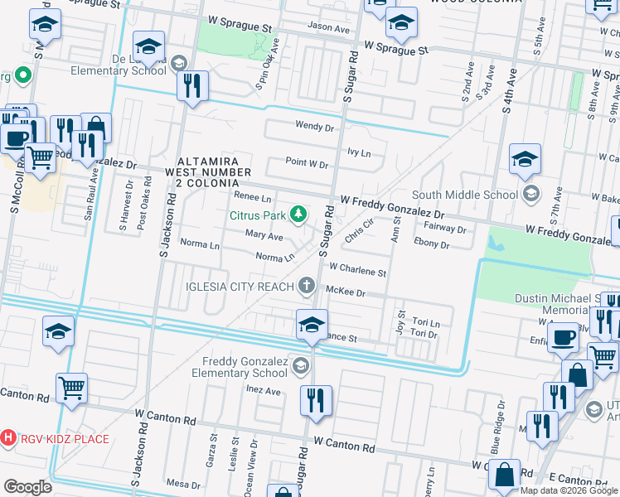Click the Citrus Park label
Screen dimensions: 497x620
point(257,216)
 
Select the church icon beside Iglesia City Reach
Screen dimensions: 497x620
point(307,287)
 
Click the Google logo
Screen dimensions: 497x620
point(27,486)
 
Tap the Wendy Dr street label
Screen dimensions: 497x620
point(314,127)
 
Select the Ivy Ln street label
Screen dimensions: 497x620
point(358,152)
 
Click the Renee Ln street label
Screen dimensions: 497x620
point(253,199)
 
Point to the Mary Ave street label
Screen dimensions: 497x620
point(264,236)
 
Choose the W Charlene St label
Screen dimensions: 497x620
point(357,271)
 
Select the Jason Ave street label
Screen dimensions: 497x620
point(329,27)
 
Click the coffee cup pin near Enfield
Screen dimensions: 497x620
point(564,337)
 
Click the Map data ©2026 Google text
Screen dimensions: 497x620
point(568,490)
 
